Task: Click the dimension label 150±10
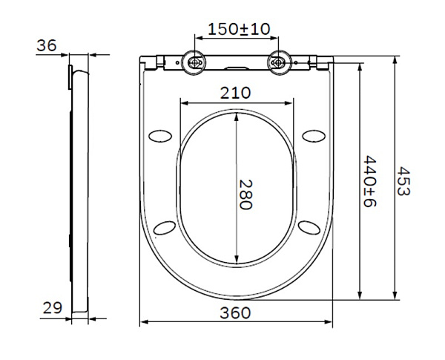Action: point(239,29)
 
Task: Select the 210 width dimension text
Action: point(235,93)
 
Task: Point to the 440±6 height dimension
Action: point(369,182)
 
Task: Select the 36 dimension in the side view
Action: point(47,45)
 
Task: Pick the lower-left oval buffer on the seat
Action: point(166,227)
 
